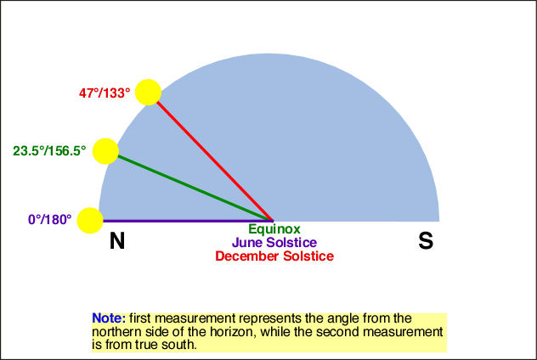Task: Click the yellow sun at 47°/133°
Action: coord(148,93)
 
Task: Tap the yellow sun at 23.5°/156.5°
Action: coord(106,151)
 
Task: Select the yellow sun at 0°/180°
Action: coord(90,221)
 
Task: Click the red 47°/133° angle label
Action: coord(105,93)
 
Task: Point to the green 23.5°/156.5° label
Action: coord(49,151)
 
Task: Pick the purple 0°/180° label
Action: coord(50,220)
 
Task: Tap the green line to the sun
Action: coord(195,188)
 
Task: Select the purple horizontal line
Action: coord(188,221)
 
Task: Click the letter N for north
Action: coord(117,241)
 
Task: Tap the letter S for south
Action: coord(426,241)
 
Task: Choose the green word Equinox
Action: coord(274,229)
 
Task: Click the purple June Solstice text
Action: coord(274,243)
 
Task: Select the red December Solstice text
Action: coord(274,256)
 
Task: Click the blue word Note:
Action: coord(109,318)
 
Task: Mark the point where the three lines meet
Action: coord(273,221)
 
